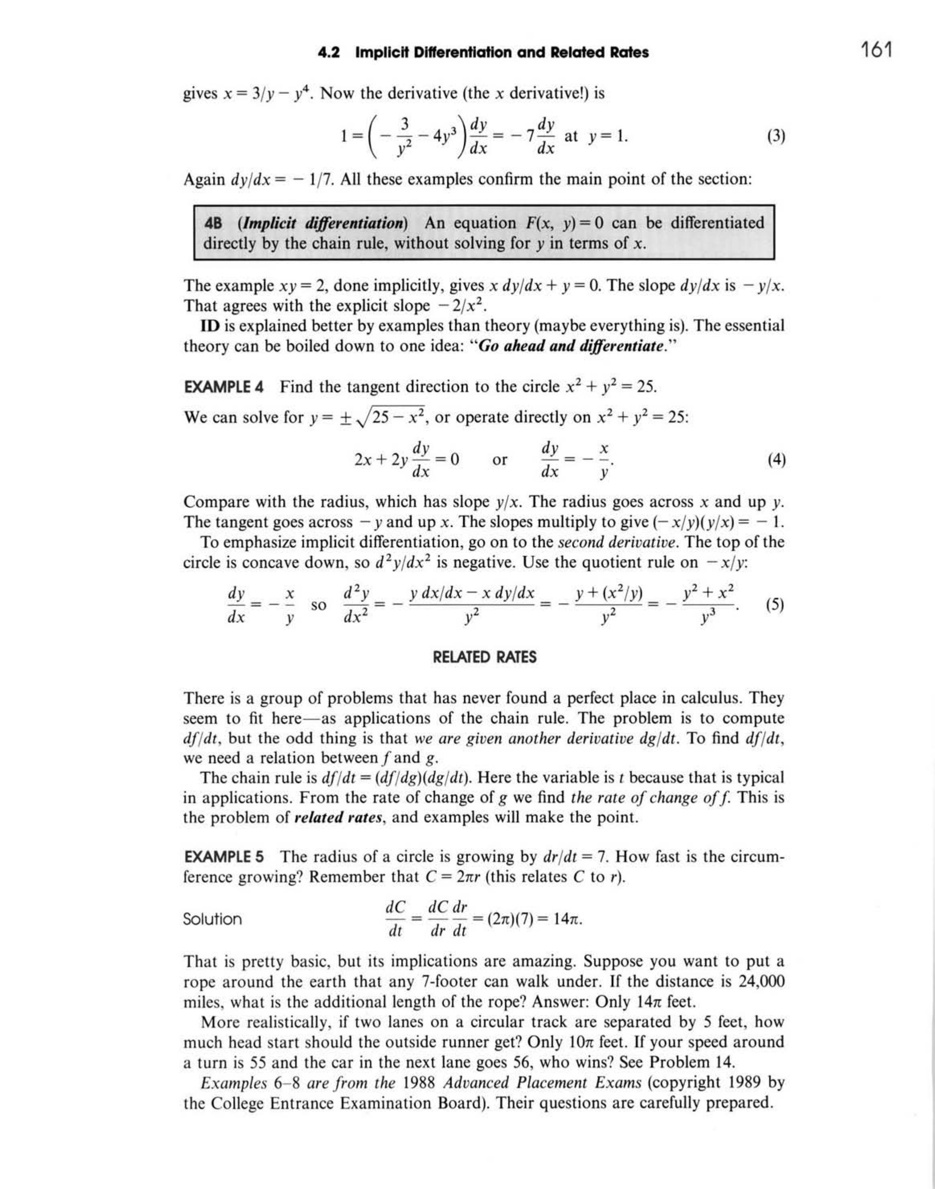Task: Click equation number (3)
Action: pyautogui.click(x=776, y=136)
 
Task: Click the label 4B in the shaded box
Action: pyautogui.click(x=213, y=223)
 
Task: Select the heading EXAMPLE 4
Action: pyautogui.click(x=223, y=387)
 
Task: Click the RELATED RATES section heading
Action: pyautogui.click(x=485, y=657)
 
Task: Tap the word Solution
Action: pyautogui.click(x=213, y=919)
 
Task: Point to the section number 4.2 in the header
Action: pyautogui.click(x=328, y=53)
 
